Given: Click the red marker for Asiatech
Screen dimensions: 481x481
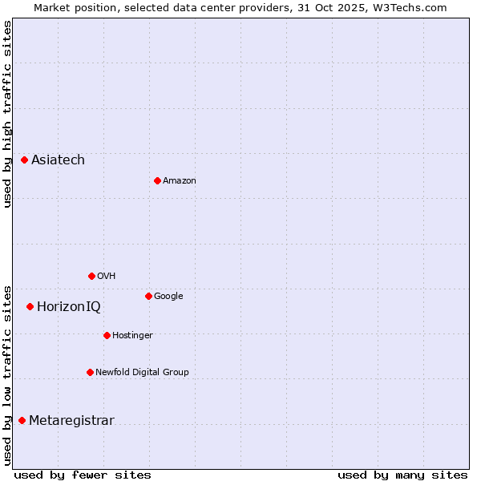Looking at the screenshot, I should point(25,160).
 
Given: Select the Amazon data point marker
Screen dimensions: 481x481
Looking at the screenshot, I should point(157,180).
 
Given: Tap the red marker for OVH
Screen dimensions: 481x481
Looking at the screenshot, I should point(91,276).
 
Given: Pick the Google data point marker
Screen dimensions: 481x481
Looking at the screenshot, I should point(148,296).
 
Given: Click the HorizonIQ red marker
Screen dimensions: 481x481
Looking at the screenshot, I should point(30,306).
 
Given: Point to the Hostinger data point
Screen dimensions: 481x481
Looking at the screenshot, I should point(107,335).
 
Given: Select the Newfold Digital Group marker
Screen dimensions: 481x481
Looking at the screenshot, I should point(90,372).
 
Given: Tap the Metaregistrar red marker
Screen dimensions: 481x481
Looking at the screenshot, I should point(22,421).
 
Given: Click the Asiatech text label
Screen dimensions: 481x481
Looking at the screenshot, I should point(58,160).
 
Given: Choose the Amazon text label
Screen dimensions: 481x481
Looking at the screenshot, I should point(180,180).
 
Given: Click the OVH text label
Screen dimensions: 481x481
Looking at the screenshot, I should point(107,276).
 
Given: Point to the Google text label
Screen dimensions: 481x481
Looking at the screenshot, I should point(168,296).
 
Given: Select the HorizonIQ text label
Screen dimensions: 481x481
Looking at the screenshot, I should point(69,306).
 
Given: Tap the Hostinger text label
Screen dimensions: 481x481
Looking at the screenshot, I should point(132,335).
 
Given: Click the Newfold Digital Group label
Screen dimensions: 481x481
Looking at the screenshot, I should point(142,372).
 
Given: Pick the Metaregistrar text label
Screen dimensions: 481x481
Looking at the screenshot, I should point(71,421).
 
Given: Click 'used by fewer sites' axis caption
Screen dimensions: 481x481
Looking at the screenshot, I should point(83,475).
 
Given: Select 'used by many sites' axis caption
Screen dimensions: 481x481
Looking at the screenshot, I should point(402,475).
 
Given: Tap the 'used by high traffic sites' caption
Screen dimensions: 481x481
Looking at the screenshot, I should point(7,114).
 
